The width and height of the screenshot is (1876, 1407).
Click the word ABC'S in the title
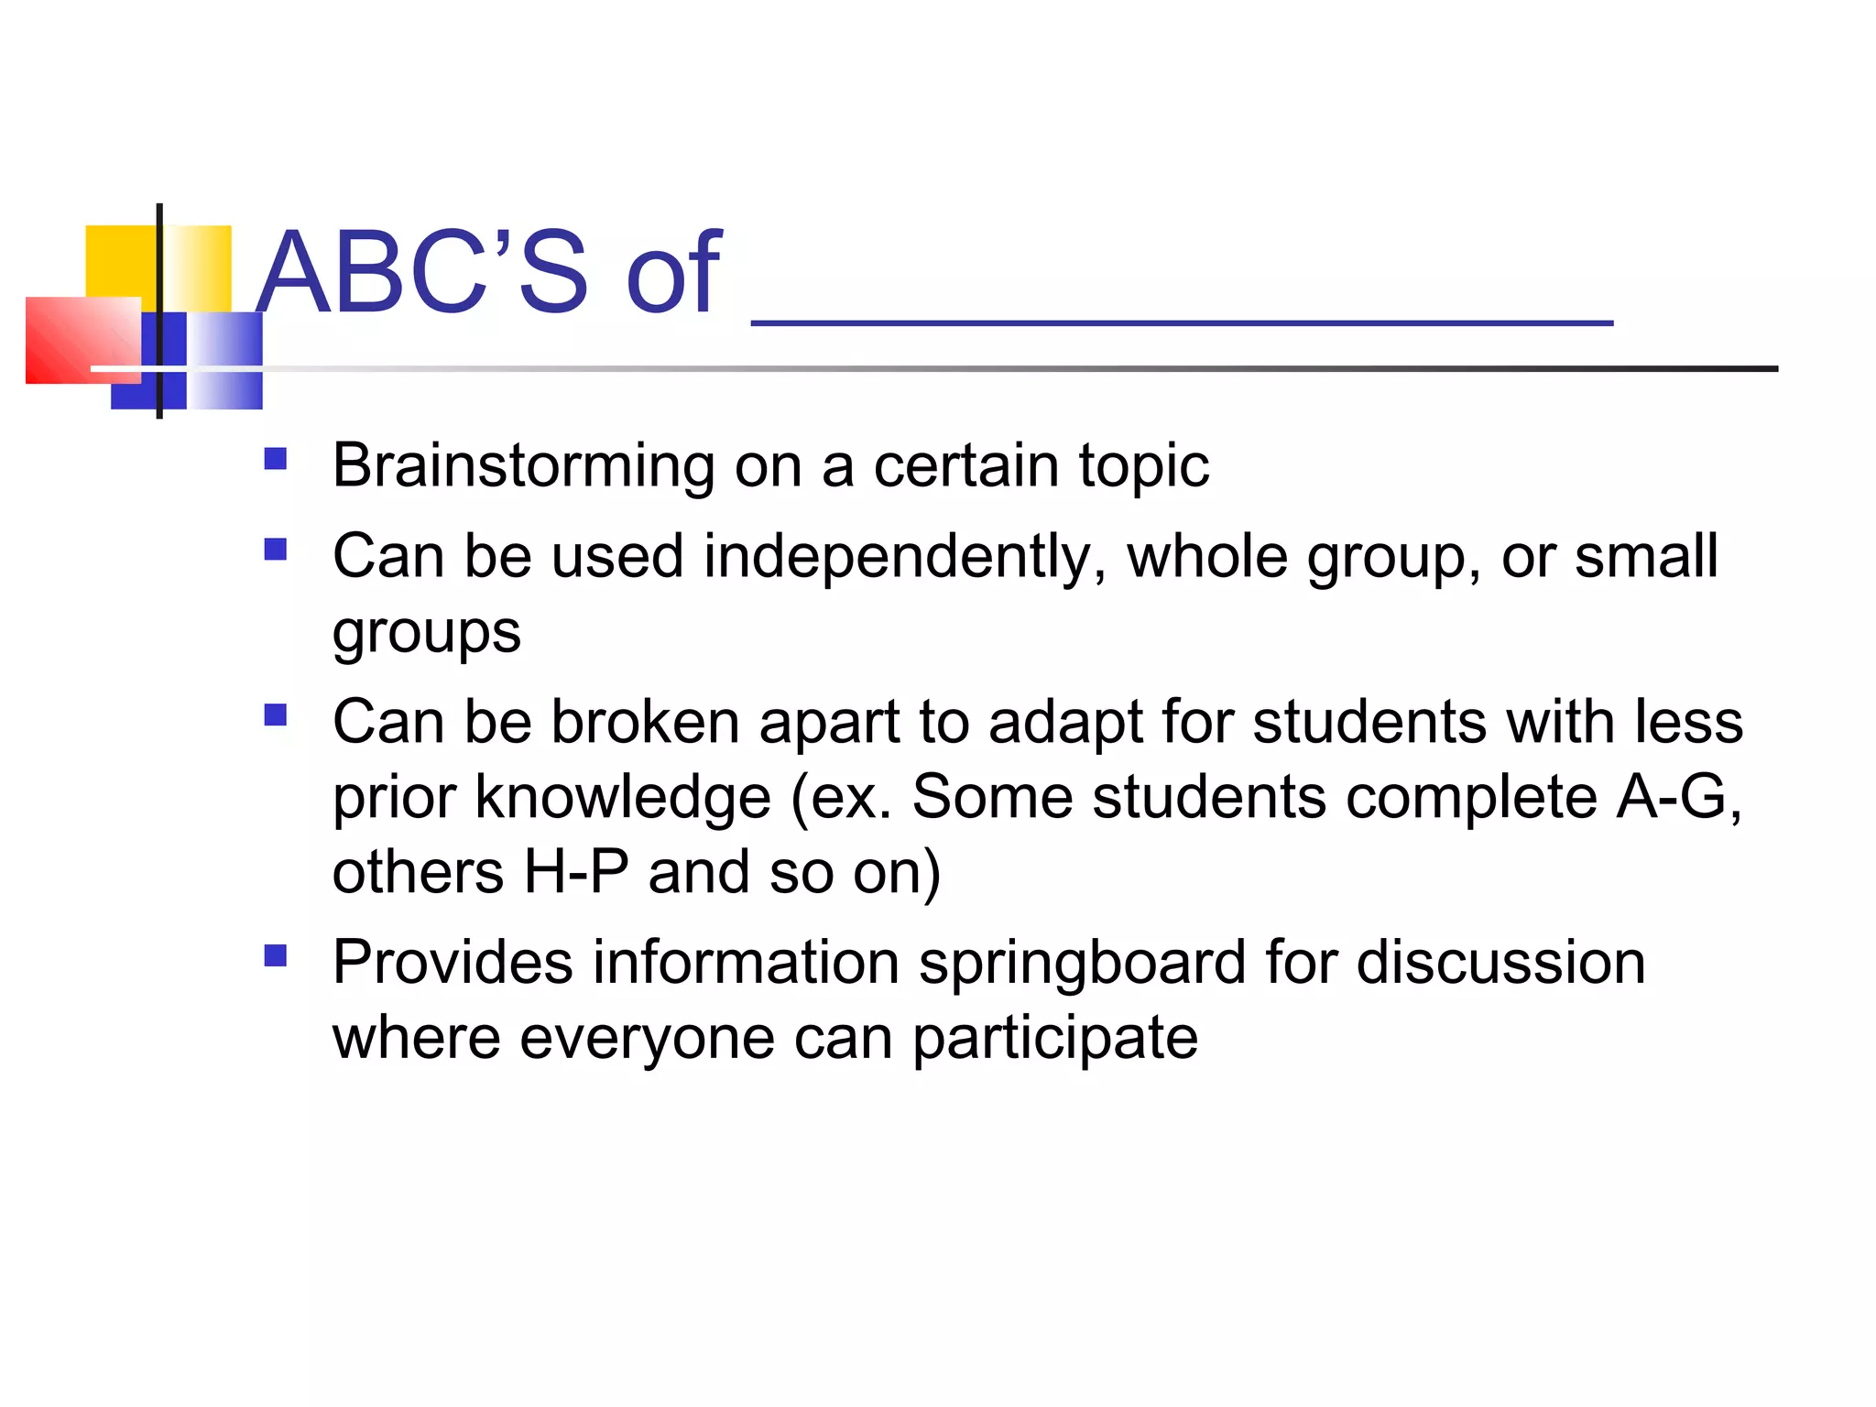click(421, 272)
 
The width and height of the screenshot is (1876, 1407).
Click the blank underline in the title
click(1182, 321)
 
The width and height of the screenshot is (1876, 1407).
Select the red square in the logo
click(82, 339)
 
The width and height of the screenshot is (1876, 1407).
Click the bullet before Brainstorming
click(275, 458)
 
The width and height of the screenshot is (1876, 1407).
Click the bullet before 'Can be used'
click(275, 549)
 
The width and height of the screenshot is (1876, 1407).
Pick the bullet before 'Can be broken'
click(275, 714)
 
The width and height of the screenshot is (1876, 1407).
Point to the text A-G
click(1673, 796)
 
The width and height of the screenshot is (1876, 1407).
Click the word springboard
click(1082, 963)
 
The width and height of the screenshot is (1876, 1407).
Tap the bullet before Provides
click(275, 956)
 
